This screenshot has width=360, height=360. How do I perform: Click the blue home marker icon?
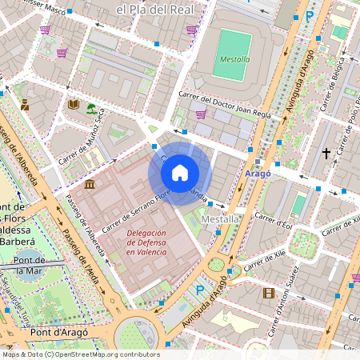pyautogui.click(x=180, y=172)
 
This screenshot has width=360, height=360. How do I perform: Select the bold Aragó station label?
pyautogui.click(x=258, y=173)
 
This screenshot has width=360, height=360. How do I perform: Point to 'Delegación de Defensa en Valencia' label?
pyautogui.click(x=146, y=242)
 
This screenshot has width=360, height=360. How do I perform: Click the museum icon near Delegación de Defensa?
pyautogui.click(x=88, y=185)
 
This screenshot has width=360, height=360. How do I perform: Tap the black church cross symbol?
pyautogui.click(x=326, y=152)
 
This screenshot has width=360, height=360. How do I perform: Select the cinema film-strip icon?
pyautogui.click(x=268, y=293)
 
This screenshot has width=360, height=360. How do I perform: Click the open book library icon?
pyautogui.click(x=74, y=104)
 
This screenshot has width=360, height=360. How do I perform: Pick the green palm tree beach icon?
pyautogui.click(x=91, y=109)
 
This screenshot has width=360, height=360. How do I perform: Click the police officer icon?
pyautogui.click(x=25, y=104)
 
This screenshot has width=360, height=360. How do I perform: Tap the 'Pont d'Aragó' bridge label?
pyautogui.click(x=58, y=331)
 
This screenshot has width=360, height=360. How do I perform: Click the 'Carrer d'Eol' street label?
pyautogui.click(x=273, y=220)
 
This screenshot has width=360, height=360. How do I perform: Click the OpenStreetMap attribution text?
pyautogui.click(x=80, y=354)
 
